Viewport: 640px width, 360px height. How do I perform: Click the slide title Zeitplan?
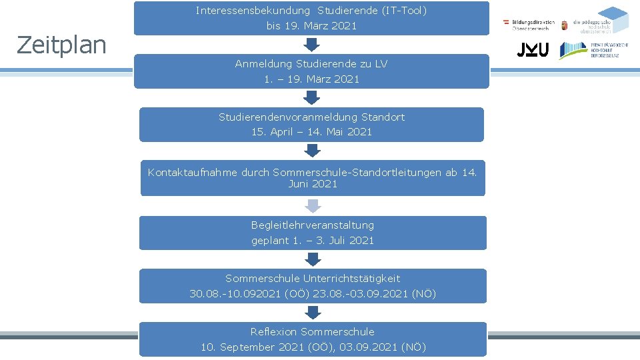point(61,45)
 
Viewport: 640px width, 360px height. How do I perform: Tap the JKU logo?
point(533,50)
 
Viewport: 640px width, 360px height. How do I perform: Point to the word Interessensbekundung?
point(253,11)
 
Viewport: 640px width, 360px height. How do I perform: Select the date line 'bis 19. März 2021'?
point(311,26)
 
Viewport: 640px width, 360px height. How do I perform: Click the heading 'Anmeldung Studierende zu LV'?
point(311,64)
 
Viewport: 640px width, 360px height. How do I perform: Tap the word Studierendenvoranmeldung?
point(281,117)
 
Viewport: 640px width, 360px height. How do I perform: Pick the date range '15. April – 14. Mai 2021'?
point(311,132)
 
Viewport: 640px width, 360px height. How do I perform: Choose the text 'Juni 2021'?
point(313,184)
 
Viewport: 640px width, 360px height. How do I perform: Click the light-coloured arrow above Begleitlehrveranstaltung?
point(313,205)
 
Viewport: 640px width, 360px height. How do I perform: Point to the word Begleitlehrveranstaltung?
point(313,225)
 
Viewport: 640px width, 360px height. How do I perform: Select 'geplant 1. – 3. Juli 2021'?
point(313,241)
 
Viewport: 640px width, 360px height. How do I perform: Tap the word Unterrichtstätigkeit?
point(351,279)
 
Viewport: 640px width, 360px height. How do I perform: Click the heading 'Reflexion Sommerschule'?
point(313,332)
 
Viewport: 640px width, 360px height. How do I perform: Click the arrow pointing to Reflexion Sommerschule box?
point(313,312)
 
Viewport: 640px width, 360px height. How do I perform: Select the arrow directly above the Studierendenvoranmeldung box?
point(311,97)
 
